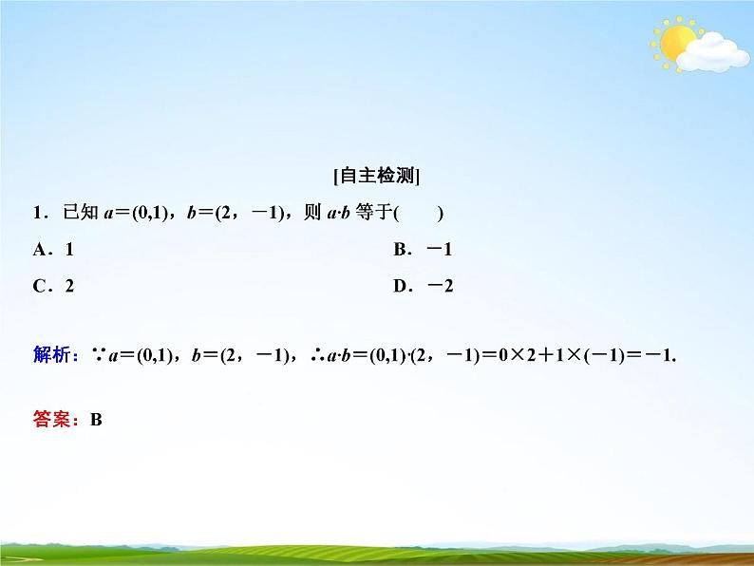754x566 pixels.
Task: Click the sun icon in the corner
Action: coord(676,42)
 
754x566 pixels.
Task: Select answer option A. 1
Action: coord(53,250)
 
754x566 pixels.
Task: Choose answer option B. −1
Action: coord(422,250)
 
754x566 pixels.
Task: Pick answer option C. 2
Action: coord(53,286)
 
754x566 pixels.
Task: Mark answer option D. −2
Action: coord(423,286)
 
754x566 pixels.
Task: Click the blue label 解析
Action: coord(51,356)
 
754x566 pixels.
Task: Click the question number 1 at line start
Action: coord(38,214)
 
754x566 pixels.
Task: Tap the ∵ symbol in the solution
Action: coord(98,356)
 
